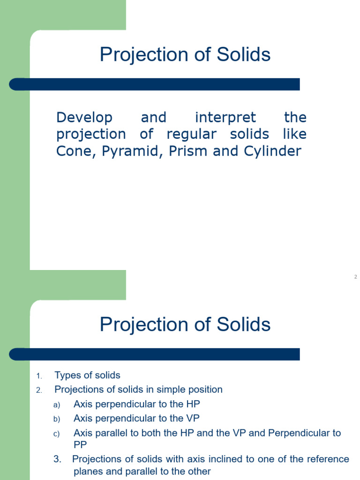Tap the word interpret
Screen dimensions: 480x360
tap(225, 117)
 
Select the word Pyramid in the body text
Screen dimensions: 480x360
tap(116, 151)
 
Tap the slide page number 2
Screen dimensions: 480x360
tap(355, 277)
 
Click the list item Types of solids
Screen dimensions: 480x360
tap(87, 375)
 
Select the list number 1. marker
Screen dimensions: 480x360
tap(39, 376)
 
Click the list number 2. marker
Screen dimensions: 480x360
tap(39, 390)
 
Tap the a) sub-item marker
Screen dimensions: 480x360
tap(57, 405)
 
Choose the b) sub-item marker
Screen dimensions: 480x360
tap(57, 419)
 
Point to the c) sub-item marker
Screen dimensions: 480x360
tap(57, 434)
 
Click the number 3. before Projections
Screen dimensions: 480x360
tap(58, 459)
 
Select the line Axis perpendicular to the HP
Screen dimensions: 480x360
tap(137, 404)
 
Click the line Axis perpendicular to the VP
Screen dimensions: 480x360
tap(137, 418)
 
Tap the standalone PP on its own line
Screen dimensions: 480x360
tap(80, 444)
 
